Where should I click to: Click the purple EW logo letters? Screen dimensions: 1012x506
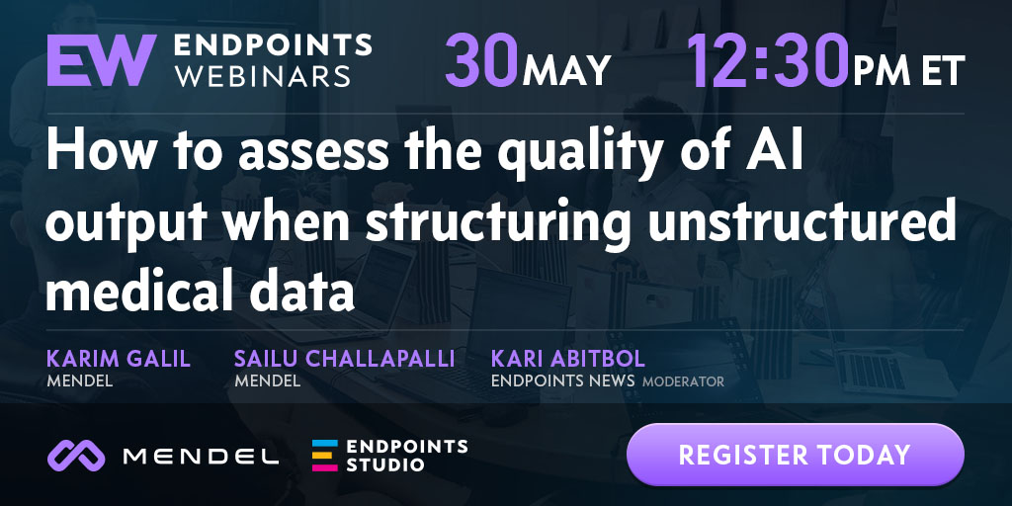pos(102,60)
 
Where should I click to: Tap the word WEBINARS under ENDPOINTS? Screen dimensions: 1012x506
pos(263,75)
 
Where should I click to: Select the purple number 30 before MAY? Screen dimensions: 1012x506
pos(482,60)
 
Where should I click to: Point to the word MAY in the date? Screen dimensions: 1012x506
pos(567,70)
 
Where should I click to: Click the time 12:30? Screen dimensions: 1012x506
pos(767,60)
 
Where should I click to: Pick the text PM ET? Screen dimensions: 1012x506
pos(909,70)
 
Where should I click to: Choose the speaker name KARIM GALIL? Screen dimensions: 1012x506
pos(119,359)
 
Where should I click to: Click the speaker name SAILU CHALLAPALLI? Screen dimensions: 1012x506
pos(345,359)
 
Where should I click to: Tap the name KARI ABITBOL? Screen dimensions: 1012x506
pos(568,359)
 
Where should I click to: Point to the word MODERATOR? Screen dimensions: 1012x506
pos(683,382)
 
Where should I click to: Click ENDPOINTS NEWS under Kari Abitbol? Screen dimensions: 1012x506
pos(562,380)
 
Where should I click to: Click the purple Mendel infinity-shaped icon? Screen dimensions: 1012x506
pos(76,455)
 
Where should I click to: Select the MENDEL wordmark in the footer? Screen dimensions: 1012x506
pos(201,457)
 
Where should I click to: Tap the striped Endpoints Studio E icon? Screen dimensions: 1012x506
pos(324,456)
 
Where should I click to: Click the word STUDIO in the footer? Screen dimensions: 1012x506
pos(385,464)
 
